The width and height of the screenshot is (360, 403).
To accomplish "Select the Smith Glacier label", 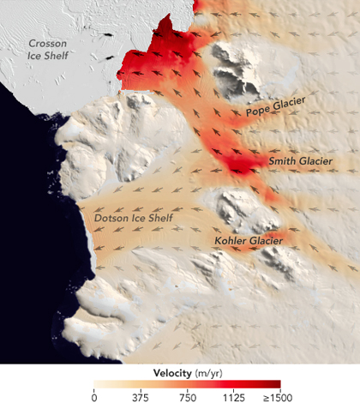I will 302,159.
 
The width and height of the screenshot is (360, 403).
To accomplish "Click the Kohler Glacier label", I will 248,241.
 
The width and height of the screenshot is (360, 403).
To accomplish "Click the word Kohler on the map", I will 231,241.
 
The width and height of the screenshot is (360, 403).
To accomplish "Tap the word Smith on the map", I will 284,159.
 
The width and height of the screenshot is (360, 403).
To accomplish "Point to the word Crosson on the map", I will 49,43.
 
